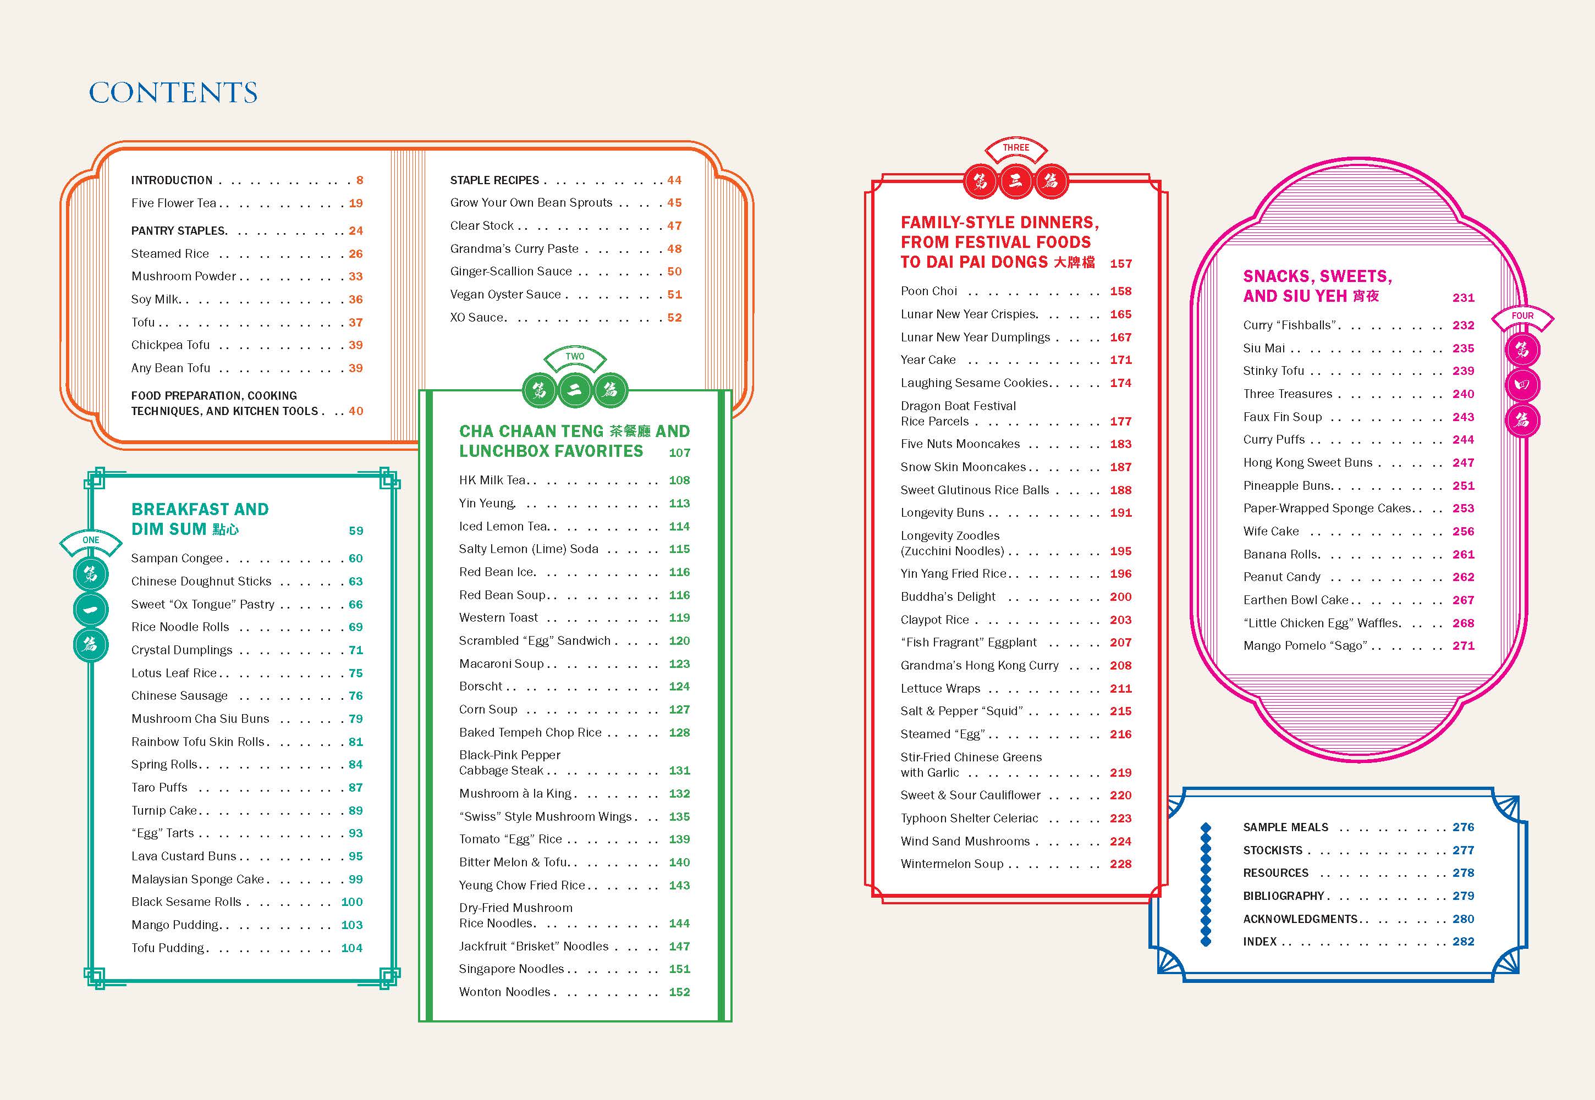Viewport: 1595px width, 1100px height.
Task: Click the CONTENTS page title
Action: click(x=173, y=92)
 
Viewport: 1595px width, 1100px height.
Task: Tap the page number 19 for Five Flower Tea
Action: click(x=356, y=203)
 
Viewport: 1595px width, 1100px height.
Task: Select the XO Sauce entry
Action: click(x=478, y=318)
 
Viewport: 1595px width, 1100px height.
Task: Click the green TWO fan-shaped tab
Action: click(x=574, y=357)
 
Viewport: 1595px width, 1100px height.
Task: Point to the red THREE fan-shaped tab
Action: click(x=1016, y=148)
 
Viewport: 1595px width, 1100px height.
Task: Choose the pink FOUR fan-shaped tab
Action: click(x=1522, y=316)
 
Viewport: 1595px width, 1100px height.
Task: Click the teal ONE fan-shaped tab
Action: click(x=90, y=540)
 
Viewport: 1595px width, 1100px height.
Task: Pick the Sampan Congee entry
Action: click(x=177, y=559)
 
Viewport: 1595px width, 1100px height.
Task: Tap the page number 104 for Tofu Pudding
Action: click(x=351, y=948)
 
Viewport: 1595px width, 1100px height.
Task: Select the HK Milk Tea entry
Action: click(x=492, y=480)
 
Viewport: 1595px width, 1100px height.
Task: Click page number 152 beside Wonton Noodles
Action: click(x=679, y=992)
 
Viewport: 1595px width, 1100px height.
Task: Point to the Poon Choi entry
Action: click(x=929, y=291)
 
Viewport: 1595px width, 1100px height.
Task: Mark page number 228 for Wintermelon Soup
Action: click(x=1120, y=864)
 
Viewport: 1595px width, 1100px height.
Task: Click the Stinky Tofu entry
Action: click(x=1274, y=371)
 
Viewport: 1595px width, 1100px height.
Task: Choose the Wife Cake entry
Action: click(x=1271, y=532)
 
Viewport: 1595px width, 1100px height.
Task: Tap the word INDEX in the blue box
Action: click(x=1260, y=942)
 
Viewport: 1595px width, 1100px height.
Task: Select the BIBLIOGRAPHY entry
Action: click(x=1283, y=896)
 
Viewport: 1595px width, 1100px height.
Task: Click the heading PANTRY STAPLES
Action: click(x=179, y=231)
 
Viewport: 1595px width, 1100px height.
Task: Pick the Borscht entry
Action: click(x=481, y=687)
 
